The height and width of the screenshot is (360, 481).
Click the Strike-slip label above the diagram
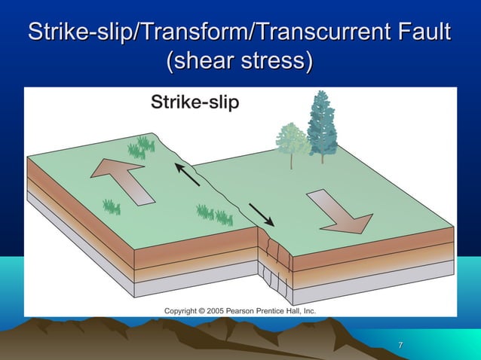195,102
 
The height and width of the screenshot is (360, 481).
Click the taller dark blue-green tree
323,121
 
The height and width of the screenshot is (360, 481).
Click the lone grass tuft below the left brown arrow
112,206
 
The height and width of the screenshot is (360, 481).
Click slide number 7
400,346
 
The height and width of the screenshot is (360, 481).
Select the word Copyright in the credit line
184,310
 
